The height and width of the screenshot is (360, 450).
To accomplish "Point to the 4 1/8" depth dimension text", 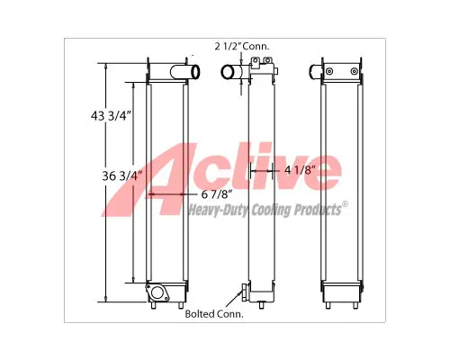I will coord(299,168).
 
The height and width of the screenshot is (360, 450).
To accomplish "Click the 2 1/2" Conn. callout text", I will coord(242,45).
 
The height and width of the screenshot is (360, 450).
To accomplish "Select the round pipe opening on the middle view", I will coord(228,71).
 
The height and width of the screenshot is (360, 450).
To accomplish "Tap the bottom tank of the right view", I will coord(343,292).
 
